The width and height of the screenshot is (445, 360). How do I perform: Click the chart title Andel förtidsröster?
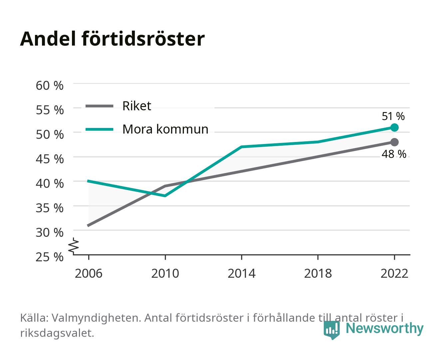[x=112, y=39]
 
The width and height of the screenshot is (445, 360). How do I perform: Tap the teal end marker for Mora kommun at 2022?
[x=394, y=127]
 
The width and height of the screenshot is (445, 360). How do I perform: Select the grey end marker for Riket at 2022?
[x=394, y=142]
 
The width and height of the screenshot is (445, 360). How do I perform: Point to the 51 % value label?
[x=393, y=116]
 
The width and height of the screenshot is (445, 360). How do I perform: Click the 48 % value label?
[x=394, y=154]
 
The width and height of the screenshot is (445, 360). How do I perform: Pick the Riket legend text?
[x=137, y=106]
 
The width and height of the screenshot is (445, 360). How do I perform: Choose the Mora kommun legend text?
[x=165, y=129]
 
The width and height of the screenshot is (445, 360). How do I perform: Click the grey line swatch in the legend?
[x=100, y=106]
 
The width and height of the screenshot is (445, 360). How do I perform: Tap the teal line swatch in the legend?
[x=100, y=129]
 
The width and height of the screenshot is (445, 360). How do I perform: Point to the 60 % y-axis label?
[x=50, y=86]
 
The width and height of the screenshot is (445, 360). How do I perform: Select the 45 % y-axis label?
[x=50, y=159]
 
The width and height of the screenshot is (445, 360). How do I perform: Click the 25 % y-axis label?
[x=50, y=257]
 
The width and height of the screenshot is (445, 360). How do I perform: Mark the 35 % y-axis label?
[x=50, y=208]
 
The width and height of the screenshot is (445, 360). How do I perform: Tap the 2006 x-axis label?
[x=89, y=273]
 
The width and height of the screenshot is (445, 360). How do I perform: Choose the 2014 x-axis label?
[x=241, y=273]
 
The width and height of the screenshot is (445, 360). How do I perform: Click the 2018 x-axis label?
[x=318, y=273]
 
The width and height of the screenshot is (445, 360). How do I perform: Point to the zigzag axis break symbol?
[x=74, y=246]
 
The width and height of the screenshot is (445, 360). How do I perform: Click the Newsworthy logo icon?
[x=331, y=330]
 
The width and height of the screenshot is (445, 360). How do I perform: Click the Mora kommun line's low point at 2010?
[x=165, y=196]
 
